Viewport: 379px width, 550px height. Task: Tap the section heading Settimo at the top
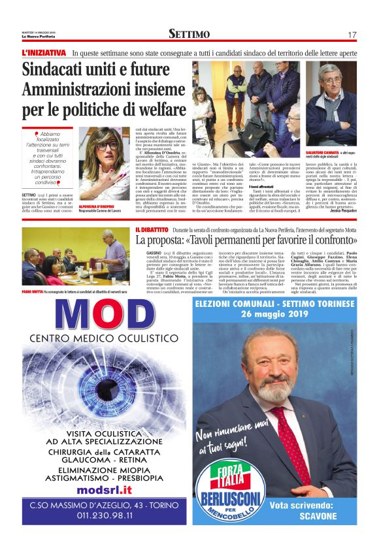pyautogui.click(x=189, y=34)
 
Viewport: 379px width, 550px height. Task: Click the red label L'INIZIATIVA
pyautogui.click(x=44, y=52)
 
